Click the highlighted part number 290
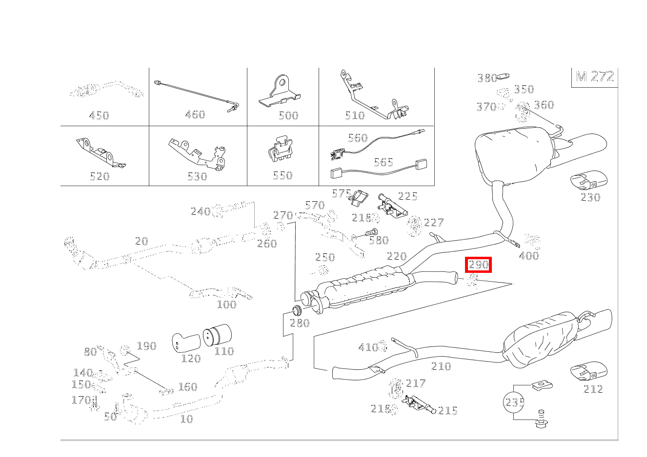[x=478, y=265]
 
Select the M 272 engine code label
[x=594, y=77]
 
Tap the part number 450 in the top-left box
[x=99, y=115]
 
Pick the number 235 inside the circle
[x=515, y=402]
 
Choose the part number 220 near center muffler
[x=396, y=256]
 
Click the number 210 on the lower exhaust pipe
[x=441, y=366]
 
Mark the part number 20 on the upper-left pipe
[x=141, y=241]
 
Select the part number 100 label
[x=226, y=305]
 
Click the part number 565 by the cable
[x=383, y=162]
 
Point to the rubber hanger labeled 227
[x=414, y=226]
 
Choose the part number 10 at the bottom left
[x=186, y=419]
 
